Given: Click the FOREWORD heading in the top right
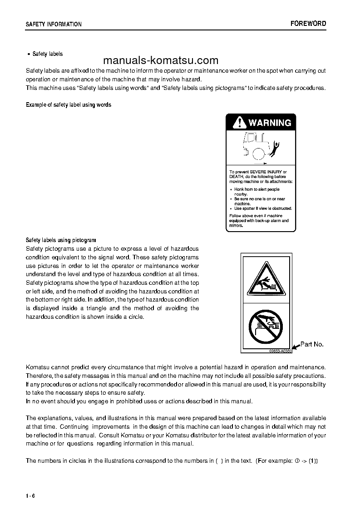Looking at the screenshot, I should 308,24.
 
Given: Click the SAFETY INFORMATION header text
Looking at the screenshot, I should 54,24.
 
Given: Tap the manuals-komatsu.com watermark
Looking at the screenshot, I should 161,61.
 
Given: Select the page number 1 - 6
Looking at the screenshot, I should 30,495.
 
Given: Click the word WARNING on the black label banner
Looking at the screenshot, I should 270,123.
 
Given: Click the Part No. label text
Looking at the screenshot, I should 312,344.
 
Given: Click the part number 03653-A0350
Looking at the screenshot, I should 280,351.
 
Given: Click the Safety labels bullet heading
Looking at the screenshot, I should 47,54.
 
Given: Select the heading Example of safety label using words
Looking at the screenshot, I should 69,105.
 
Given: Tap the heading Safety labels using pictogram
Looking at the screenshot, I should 61,240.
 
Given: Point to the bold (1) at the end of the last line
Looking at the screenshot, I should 313,460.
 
